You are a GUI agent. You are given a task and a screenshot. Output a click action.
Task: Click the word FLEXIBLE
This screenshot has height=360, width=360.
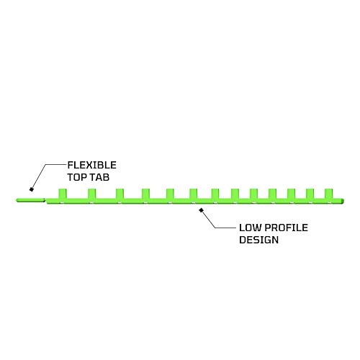[92, 165]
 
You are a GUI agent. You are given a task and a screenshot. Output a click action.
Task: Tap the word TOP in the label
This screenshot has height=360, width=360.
[76, 177]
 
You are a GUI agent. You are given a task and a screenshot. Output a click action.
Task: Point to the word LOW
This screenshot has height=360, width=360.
[250, 228]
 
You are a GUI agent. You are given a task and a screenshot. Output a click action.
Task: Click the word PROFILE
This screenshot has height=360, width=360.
[286, 228]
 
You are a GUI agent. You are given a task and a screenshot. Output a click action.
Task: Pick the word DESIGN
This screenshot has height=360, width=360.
[259, 240]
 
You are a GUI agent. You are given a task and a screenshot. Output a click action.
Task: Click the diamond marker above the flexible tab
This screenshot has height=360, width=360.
[31, 189]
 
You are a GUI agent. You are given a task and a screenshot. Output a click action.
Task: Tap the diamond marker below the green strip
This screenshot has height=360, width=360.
[201, 210]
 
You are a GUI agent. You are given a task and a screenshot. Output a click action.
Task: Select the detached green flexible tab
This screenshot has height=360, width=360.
[31, 200]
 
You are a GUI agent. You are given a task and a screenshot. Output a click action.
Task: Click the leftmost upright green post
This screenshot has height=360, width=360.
[63, 194]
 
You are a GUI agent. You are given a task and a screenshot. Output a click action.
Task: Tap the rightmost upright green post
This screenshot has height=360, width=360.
[328, 194]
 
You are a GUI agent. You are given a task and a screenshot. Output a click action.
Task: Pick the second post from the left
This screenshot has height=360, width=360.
[91, 194]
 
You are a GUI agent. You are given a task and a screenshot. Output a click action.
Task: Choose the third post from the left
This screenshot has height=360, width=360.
[120, 194]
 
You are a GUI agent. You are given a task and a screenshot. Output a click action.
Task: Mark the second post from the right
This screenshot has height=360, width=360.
[310, 194]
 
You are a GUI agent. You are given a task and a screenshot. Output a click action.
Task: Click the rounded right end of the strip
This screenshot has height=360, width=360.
[343, 201]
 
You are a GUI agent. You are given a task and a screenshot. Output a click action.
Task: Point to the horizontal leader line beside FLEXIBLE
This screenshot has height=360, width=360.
[56, 165]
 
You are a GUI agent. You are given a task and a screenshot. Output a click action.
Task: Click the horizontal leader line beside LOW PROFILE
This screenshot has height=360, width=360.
[225, 228]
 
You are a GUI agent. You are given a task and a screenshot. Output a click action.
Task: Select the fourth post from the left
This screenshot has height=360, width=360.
[145, 194]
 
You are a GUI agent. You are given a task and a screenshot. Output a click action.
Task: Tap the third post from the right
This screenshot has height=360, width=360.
[291, 194]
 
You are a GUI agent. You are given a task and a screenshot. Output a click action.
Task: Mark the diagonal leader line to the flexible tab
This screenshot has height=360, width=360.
[39, 176]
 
